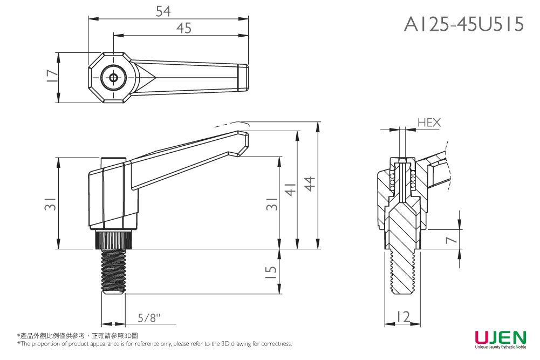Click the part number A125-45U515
pos(463,24)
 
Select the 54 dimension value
pos(163,11)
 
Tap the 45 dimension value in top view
pos(184,28)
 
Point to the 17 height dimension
pos(52,76)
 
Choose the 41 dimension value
pos(291,189)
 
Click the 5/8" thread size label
pos(149,317)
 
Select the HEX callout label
pos(429,123)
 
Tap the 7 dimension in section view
pos(452,239)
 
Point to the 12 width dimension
pos(403,317)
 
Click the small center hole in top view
pos(113,78)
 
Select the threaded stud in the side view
pos(113,271)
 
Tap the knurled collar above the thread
pos(113,240)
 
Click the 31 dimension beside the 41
pos(272,203)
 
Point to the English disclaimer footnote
pos(155,343)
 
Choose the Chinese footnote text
pos(78,336)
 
